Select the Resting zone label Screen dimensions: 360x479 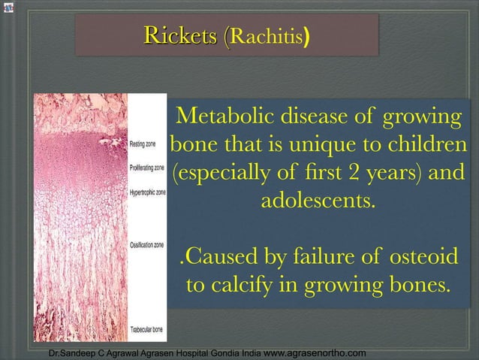[143, 144]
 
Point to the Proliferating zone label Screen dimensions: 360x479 [148, 168]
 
